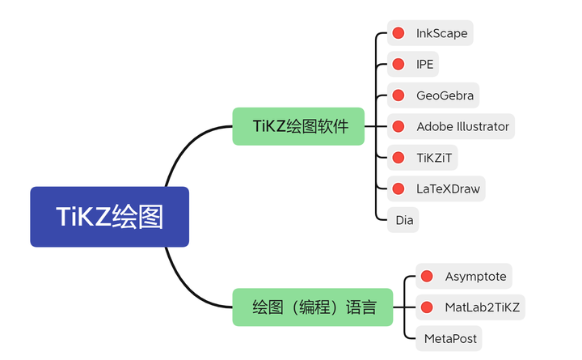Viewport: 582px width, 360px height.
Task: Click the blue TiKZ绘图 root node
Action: click(x=109, y=217)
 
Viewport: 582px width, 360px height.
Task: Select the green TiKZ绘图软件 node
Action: click(x=298, y=126)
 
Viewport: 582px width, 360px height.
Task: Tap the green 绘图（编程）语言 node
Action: click(x=314, y=307)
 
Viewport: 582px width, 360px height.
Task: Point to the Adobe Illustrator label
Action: click(x=462, y=126)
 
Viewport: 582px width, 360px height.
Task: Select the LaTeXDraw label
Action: click(x=448, y=188)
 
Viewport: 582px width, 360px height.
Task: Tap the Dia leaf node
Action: click(x=403, y=219)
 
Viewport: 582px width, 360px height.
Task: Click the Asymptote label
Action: click(x=475, y=277)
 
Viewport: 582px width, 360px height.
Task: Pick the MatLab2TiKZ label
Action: click(x=483, y=307)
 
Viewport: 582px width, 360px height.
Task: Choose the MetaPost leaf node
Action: click(x=450, y=338)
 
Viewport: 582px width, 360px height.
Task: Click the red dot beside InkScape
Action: click(x=399, y=34)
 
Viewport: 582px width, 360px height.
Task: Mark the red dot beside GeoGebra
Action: click(x=399, y=95)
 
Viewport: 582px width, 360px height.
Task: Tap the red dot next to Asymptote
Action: click(x=427, y=277)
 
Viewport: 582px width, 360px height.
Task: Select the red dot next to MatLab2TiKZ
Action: click(x=427, y=307)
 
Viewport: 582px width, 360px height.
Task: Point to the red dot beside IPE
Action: click(x=399, y=65)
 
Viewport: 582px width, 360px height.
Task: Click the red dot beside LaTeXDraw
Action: click(x=399, y=188)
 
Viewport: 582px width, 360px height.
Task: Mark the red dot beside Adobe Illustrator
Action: click(x=399, y=126)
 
